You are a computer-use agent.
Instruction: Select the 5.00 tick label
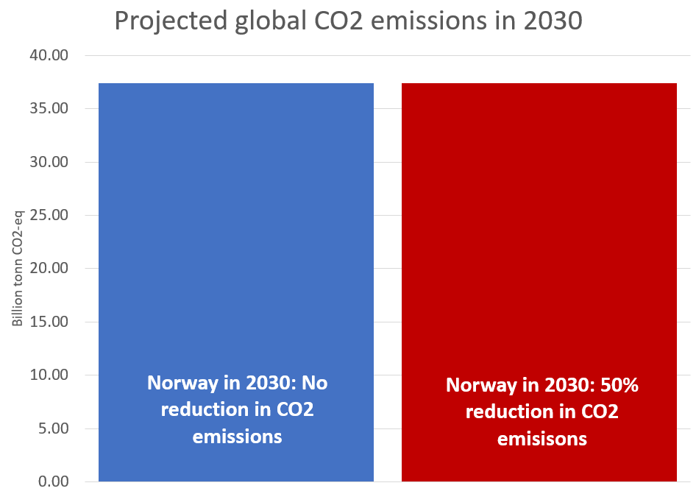[54, 428]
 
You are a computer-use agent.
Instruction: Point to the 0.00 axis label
[54, 481]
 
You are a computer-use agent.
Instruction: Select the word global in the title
[273, 21]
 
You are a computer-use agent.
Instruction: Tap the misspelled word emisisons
[541, 440]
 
